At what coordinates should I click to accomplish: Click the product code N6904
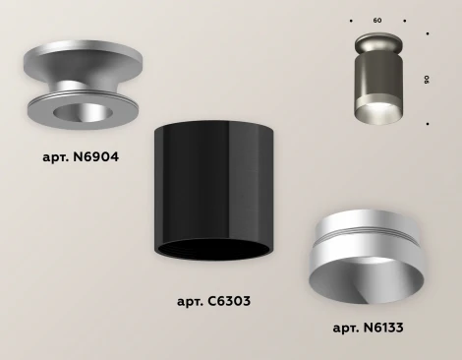(x=95, y=157)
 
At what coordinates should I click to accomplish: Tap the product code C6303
(x=229, y=301)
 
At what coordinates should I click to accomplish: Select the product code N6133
(x=383, y=328)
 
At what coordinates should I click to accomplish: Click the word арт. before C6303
(x=191, y=302)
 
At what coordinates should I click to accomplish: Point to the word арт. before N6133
(x=346, y=329)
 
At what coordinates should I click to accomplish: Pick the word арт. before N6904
(x=56, y=158)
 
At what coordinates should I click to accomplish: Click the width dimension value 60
(x=377, y=21)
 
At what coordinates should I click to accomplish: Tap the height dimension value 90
(x=427, y=80)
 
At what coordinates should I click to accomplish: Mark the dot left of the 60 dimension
(x=351, y=21)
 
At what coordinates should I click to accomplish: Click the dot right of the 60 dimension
(x=405, y=21)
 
